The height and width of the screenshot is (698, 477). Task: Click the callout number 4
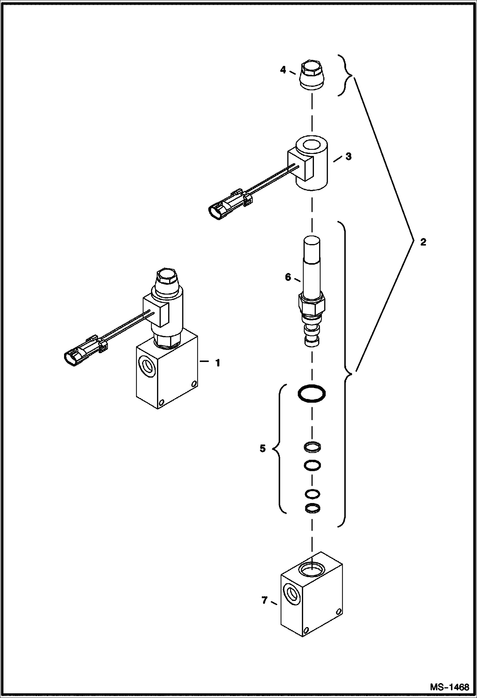[x=283, y=70]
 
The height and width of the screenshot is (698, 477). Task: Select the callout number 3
[x=349, y=157]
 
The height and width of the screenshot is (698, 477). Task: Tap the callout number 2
[x=423, y=242]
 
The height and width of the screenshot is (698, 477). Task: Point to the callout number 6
[x=288, y=277]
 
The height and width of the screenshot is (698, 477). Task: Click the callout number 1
[x=218, y=363]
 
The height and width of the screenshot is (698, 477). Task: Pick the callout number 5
[x=262, y=449]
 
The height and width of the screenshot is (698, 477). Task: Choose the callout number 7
[x=264, y=600]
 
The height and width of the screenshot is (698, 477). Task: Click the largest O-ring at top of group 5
[x=312, y=394]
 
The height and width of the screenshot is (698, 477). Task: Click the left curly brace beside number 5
[x=276, y=449]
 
